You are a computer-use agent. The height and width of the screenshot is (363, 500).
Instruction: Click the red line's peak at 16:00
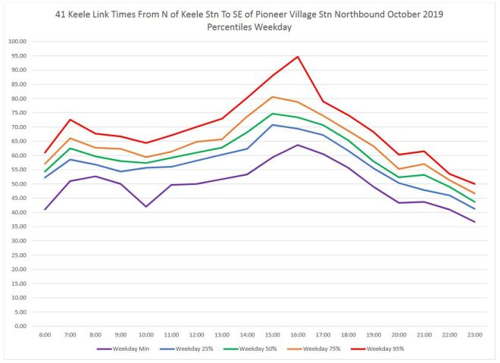[298, 57]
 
